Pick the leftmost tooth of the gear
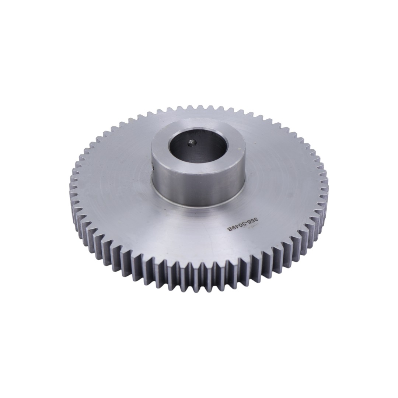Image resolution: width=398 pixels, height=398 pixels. pos(72,192)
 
